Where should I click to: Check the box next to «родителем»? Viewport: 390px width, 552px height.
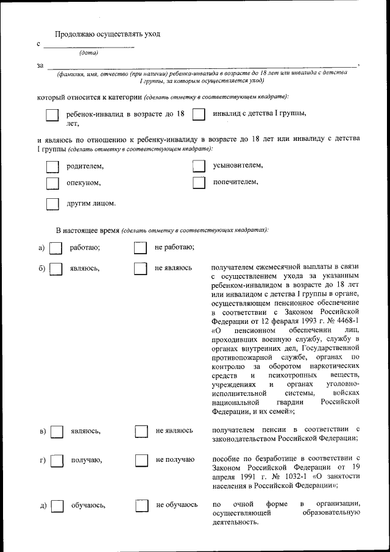(x=53, y=167)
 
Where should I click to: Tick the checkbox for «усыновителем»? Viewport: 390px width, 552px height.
(x=199, y=167)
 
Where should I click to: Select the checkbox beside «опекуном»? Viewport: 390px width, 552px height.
(x=53, y=183)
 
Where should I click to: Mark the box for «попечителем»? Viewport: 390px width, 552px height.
(x=199, y=183)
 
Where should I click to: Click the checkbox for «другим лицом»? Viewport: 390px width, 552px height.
(x=53, y=204)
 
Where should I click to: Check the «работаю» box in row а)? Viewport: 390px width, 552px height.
(x=55, y=248)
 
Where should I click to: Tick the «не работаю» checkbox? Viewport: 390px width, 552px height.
(x=140, y=248)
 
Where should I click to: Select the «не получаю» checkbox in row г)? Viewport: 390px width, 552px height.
(x=141, y=461)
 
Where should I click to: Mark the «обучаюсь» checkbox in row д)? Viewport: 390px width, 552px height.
(x=57, y=506)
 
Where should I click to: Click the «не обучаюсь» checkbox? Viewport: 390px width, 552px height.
(x=141, y=506)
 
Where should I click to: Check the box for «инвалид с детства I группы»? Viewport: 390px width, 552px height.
(x=199, y=114)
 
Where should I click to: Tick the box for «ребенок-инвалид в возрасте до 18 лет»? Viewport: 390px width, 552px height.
(x=53, y=115)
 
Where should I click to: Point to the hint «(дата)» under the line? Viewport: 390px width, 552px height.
(x=89, y=52)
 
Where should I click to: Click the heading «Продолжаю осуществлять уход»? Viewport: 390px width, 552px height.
(x=107, y=34)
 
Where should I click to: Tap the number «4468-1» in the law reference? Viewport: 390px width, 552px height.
(x=346, y=320)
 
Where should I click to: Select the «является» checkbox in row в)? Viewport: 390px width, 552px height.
(x=57, y=432)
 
